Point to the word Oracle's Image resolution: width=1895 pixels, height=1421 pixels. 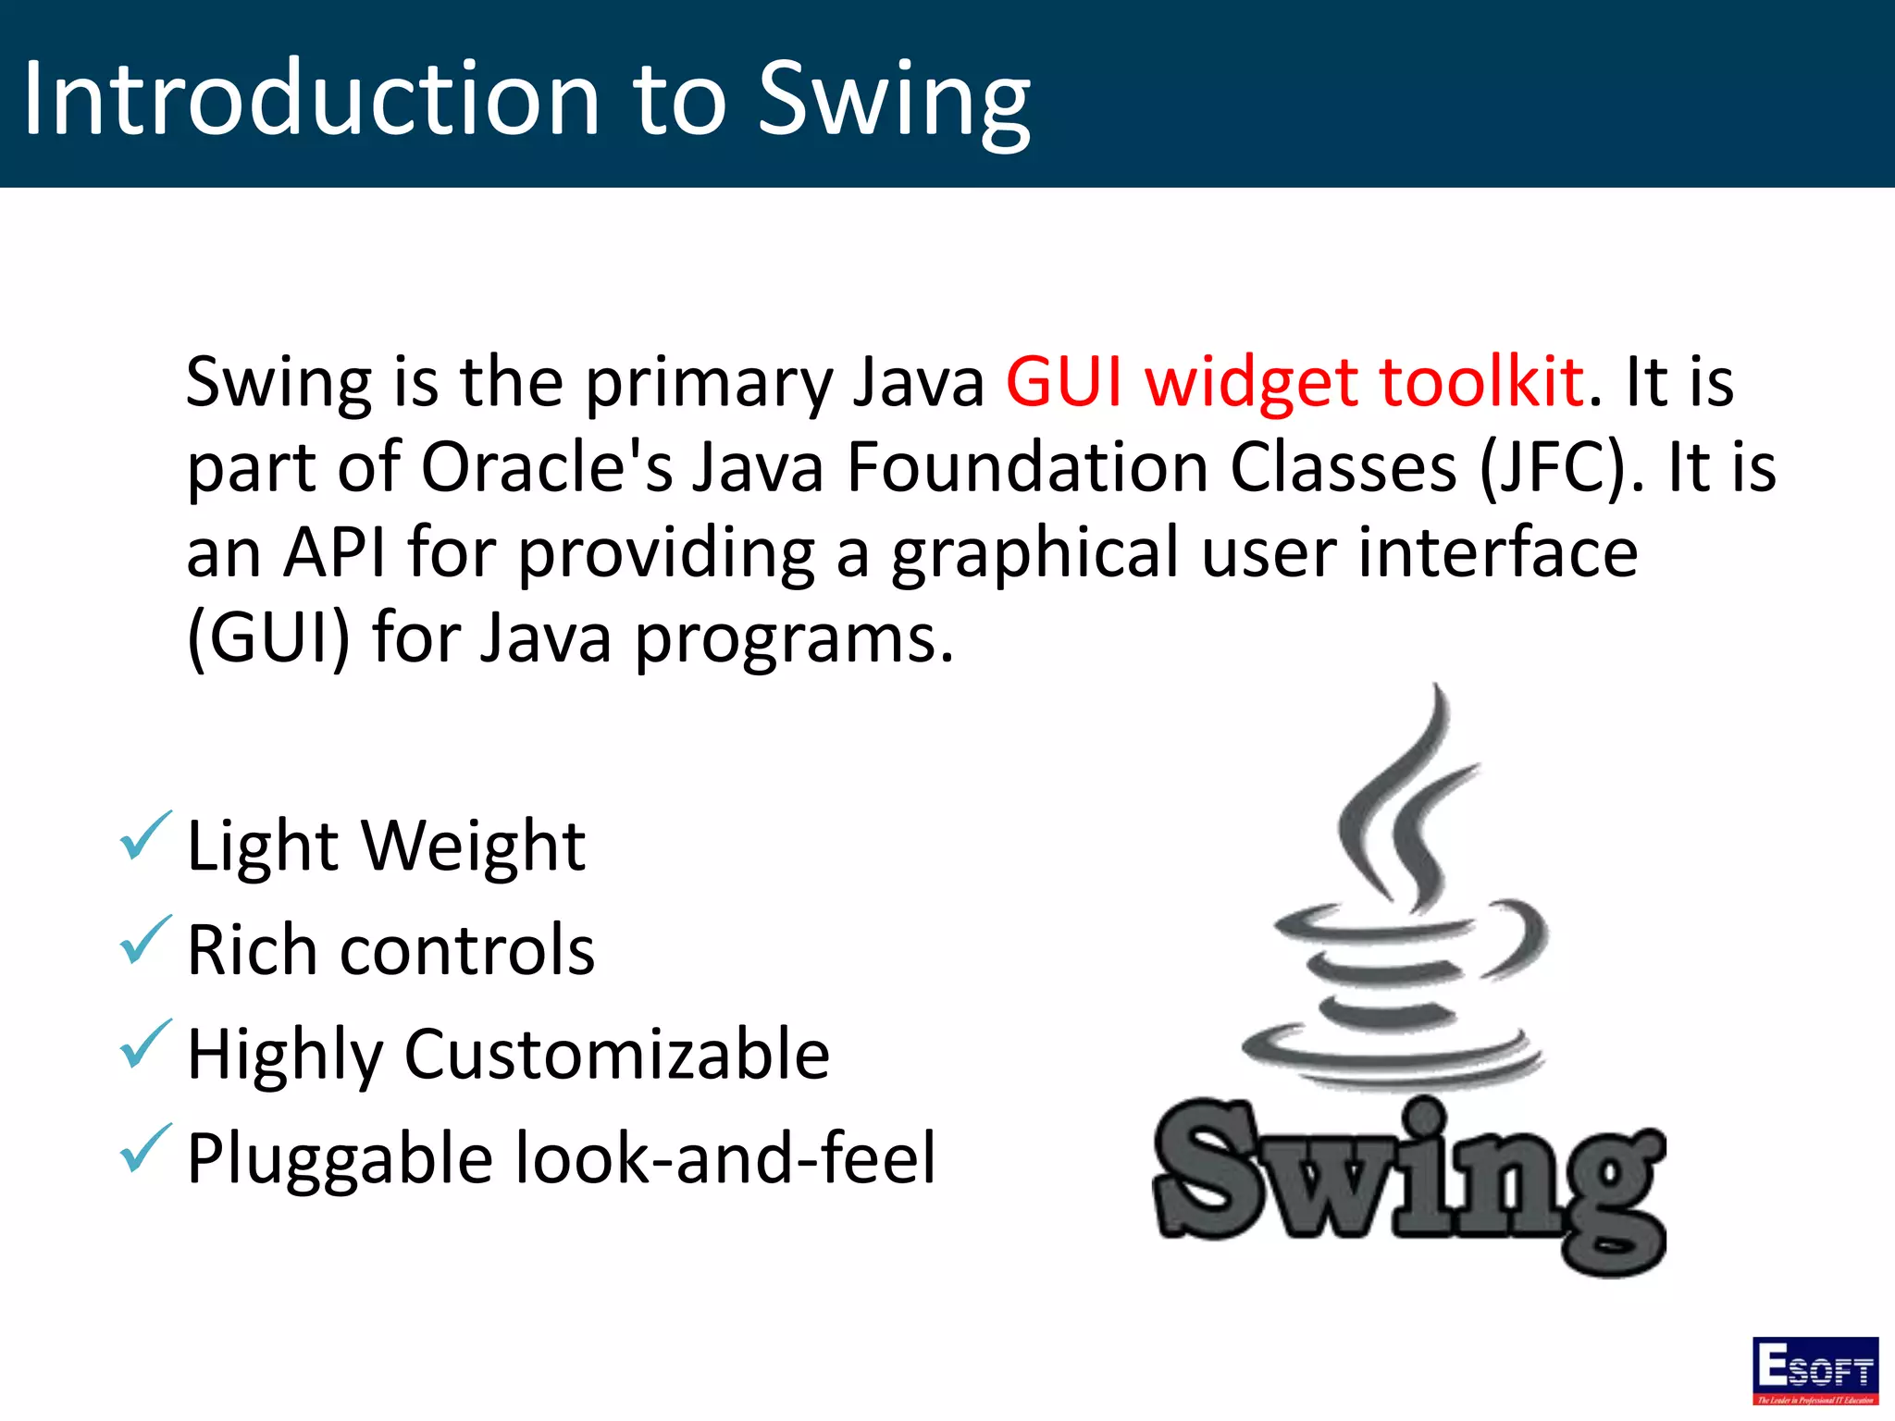tap(547, 466)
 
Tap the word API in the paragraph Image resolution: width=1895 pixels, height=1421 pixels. tap(334, 551)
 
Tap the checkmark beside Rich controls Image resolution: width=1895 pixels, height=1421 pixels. tap(145, 940)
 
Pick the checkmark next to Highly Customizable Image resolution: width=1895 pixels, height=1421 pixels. tap(145, 1044)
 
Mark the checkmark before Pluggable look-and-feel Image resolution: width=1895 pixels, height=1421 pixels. tap(145, 1149)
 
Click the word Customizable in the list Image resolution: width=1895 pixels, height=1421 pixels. tap(617, 1056)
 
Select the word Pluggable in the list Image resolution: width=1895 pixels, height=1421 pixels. tap(340, 1160)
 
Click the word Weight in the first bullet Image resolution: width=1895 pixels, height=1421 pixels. tap(473, 846)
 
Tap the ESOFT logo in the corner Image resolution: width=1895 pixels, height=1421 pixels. tap(1814, 1369)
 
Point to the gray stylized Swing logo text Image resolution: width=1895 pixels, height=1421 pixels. tap(1409, 1180)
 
